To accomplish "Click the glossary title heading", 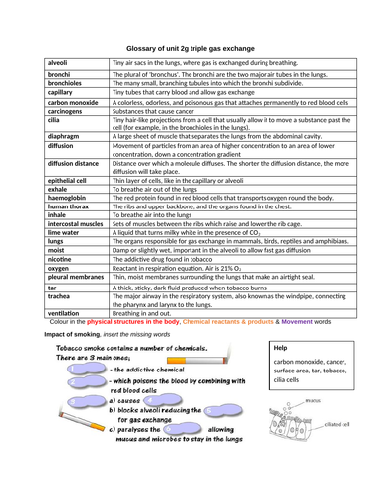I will [190, 47].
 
